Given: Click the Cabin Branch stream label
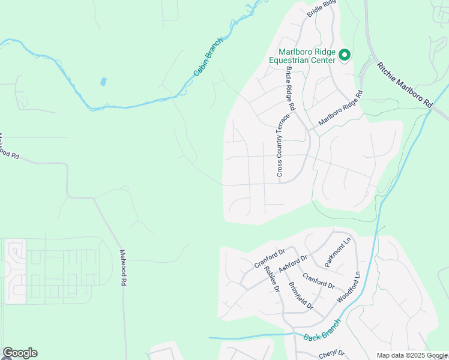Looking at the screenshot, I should [x=208, y=58].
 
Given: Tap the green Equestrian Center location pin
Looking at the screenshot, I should [x=345, y=56].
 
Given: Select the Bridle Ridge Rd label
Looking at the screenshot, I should [x=290, y=88].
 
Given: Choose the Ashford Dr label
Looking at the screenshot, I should [x=293, y=264].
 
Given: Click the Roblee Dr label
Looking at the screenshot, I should [x=272, y=279].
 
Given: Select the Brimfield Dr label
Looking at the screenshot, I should [x=301, y=295].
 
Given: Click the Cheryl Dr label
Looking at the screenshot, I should [x=332, y=353].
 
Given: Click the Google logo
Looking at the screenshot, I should [x=20, y=353].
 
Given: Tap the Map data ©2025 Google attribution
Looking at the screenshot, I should [x=412, y=355].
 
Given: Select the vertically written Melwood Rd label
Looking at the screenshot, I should [x=123, y=268].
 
